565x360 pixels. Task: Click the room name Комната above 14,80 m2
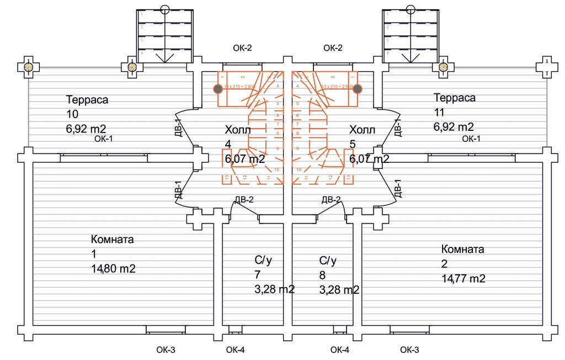click(112, 240)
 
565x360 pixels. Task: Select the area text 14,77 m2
click(463, 278)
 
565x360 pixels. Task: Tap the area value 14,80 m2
click(113, 269)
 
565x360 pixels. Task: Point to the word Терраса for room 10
click(87, 100)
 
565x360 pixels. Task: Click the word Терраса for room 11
click(455, 98)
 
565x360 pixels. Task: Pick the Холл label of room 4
click(238, 130)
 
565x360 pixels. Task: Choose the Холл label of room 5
click(362, 130)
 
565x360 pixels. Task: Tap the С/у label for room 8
click(328, 260)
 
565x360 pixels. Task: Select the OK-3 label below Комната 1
click(166, 350)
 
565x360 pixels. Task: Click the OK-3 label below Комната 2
click(409, 350)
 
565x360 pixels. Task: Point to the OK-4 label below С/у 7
click(236, 350)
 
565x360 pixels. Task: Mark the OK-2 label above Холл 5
click(333, 48)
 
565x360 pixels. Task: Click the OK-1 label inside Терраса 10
click(104, 138)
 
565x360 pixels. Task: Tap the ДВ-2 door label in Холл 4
click(244, 199)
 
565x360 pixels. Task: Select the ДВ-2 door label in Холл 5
click(331, 199)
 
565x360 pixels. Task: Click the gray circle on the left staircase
click(218, 88)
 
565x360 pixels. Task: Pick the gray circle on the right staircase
click(358, 88)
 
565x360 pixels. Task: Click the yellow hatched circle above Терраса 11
click(443, 67)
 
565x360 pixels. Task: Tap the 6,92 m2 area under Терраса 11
click(454, 126)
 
